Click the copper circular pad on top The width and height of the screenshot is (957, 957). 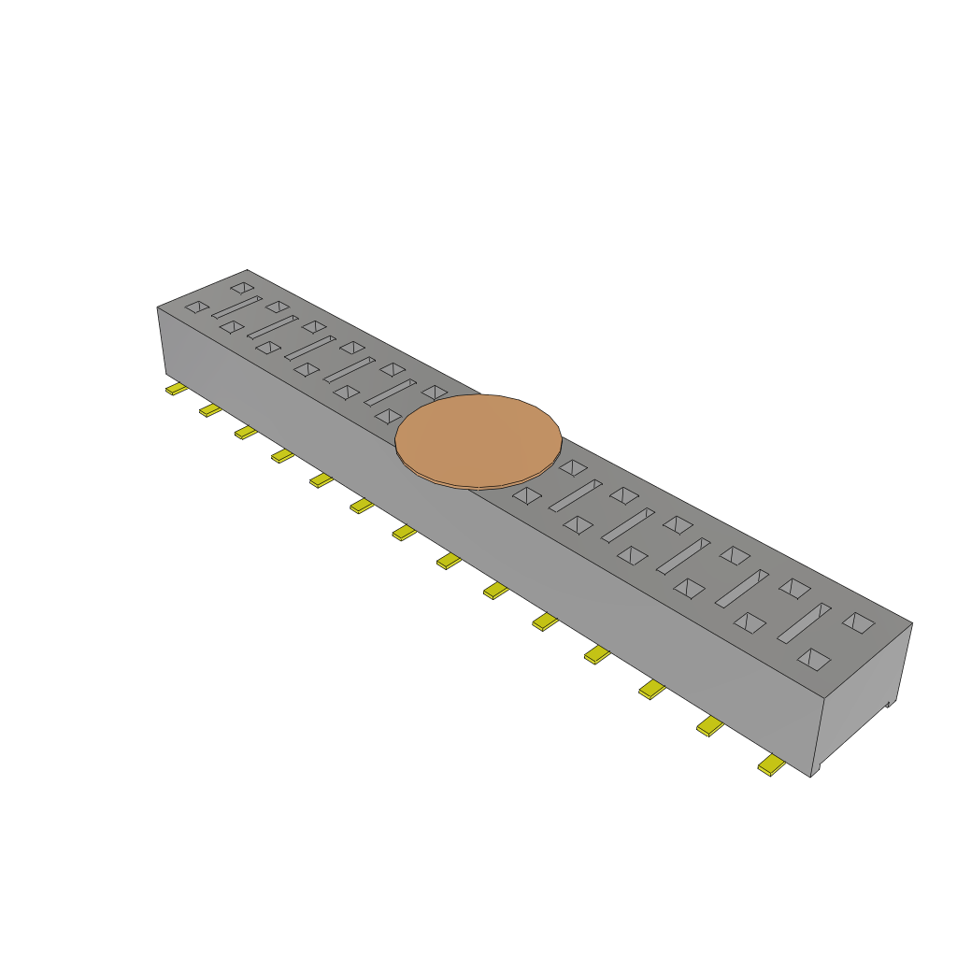click(x=478, y=440)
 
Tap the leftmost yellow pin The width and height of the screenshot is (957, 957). click(x=176, y=389)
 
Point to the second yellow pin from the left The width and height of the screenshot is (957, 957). click(x=210, y=410)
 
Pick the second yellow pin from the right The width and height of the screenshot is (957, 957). click(x=709, y=727)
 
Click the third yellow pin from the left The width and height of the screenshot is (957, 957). click(x=246, y=432)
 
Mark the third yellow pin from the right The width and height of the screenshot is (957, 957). click(x=651, y=690)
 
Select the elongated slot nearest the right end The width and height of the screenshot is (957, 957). click(x=804, y=622)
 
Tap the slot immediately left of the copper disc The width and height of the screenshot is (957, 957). click(x=390, y=392)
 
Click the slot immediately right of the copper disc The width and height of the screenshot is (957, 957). click(x=575, y=495)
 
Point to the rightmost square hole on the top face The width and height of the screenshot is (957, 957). click(x=858, y=621)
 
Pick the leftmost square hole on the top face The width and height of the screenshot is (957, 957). click(x=196, y=307)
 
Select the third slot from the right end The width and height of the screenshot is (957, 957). click(x=683, y=555)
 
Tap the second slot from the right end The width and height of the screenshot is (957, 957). click(x=742, y=588)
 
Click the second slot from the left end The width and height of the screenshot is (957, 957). click(x=272, y=326)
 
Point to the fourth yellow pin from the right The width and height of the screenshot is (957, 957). click(x=596, y=655)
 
